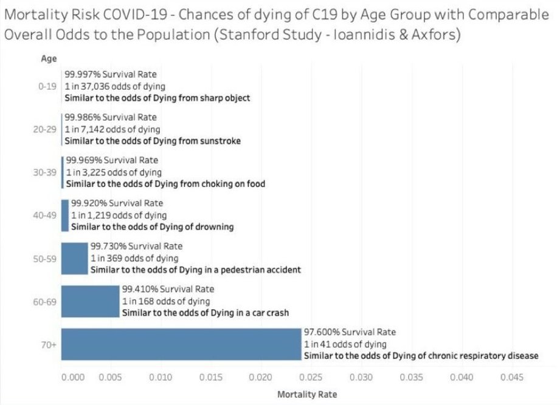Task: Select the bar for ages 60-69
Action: [x=90, y=301]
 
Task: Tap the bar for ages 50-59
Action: [x=74, y=258]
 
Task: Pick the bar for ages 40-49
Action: [x=65, y=215]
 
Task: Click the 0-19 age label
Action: [x=47, y=87]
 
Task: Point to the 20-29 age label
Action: [x=47, y=129]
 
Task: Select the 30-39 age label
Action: [x=47, y=172]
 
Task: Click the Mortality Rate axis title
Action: [x=306, y=394]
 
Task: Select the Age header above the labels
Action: [x=49, y=58]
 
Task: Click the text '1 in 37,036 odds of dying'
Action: [x=115, y=87]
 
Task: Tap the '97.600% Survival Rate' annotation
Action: [x=350, y=332]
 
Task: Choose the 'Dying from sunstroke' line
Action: [x=153, y=141]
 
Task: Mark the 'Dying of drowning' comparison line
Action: [x=153, y=226]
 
